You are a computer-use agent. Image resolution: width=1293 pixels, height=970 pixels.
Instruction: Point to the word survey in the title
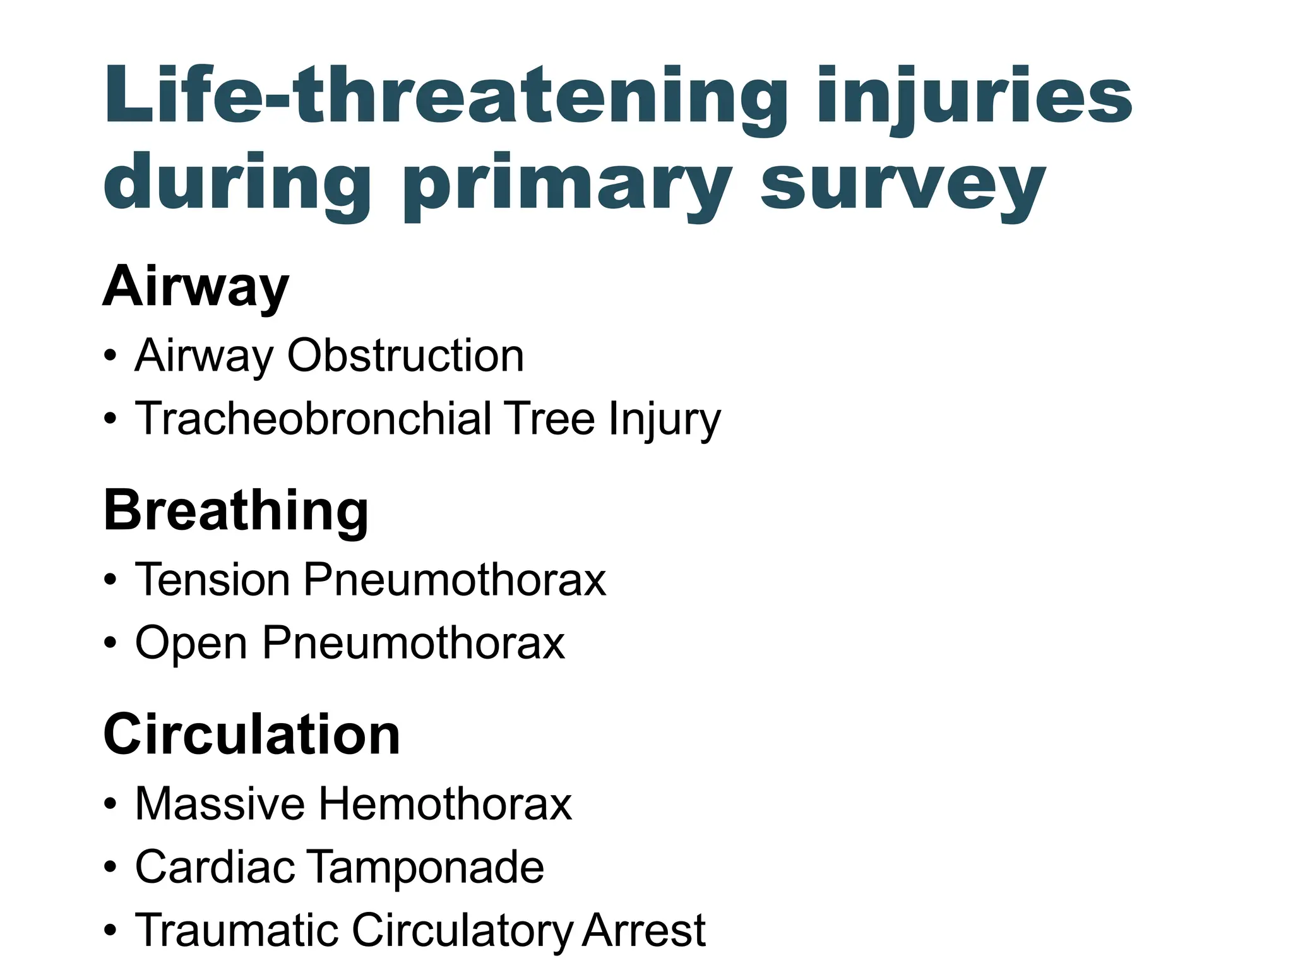(x=903, y=187)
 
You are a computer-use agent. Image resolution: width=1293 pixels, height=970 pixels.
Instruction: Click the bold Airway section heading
(x=196, y=287)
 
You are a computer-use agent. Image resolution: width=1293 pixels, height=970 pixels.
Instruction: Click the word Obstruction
(x=405, y=356)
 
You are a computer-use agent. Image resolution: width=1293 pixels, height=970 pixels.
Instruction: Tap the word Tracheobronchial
(x=313, y=419)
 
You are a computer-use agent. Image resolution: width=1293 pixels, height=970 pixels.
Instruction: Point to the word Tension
(x=212, y=579)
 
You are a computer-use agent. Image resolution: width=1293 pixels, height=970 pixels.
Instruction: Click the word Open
(x=191, y=644)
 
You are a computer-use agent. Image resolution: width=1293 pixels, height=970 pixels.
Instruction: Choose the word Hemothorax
(x=445, y=804)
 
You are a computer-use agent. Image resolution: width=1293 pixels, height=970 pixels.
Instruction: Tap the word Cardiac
(x=215, y=867)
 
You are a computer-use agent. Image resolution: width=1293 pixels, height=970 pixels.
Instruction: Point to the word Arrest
(x=643, y=930)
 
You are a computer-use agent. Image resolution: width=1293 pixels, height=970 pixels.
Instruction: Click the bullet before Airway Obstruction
(x=110, y=356)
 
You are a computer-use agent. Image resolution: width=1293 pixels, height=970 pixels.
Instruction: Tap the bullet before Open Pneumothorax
(x=110, y=644)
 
